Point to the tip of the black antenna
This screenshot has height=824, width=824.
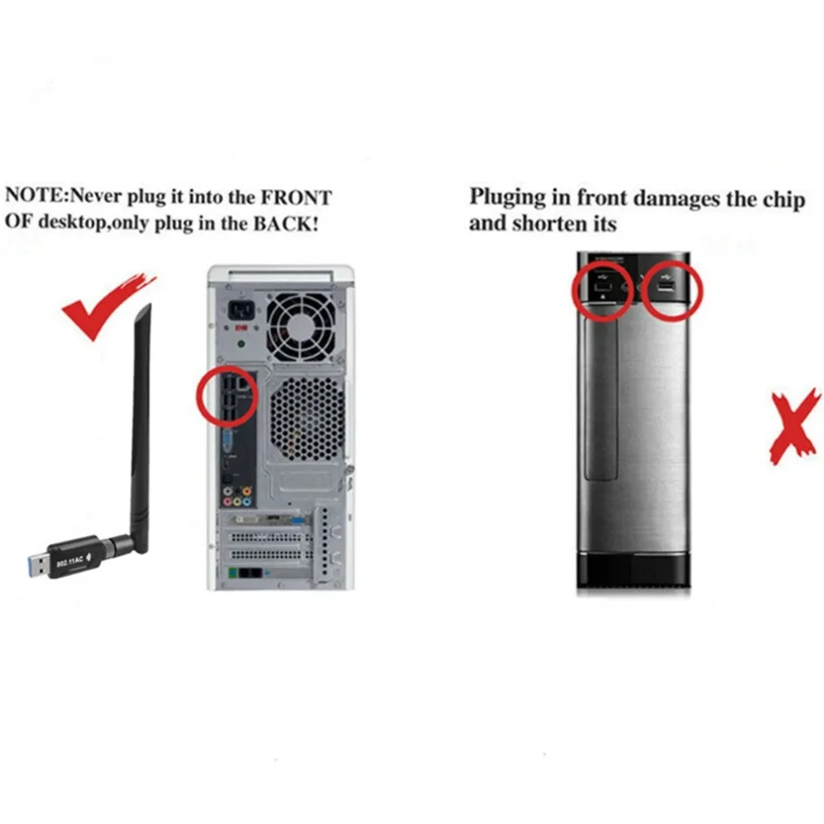tap(147, 310)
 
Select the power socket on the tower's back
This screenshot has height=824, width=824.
tap(241, 315)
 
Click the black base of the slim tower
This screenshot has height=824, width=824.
tap(633, 573)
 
